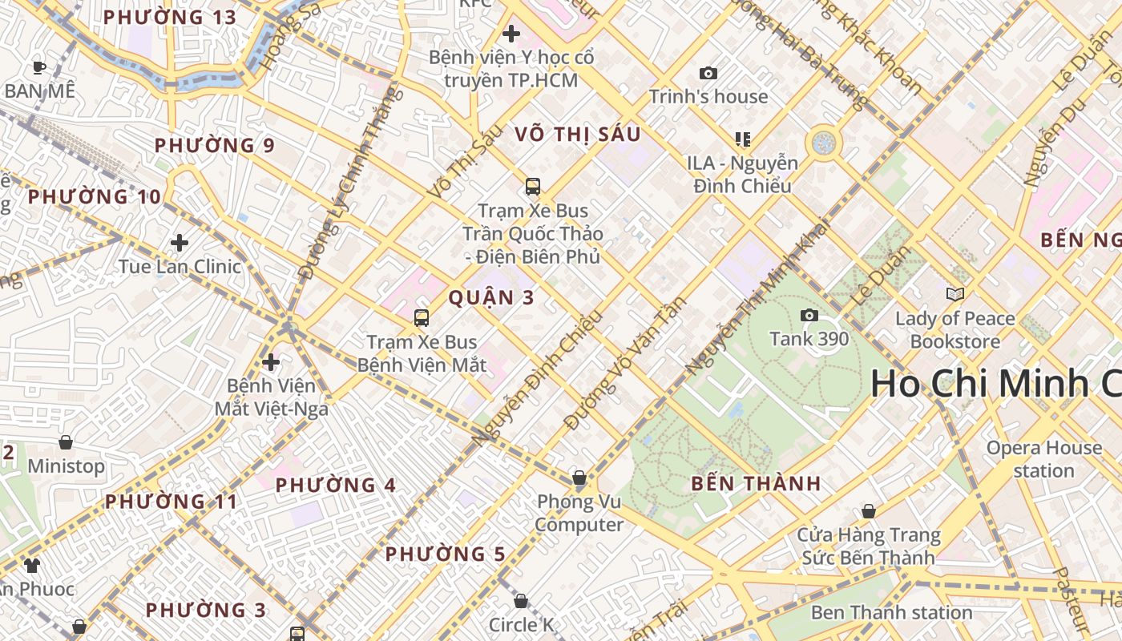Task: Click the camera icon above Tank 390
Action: tap(809, 315)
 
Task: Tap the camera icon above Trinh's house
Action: tap(708, 73)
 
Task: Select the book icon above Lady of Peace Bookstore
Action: tap(955, 294)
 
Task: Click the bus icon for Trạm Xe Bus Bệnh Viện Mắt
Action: tap(422, 318)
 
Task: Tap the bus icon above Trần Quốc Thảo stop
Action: tap(533, 187)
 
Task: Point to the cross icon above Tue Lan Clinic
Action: tap(180, 242)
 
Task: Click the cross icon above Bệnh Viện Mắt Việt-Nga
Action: tap(271, 362)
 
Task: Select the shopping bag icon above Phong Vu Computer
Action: tap(579, 478)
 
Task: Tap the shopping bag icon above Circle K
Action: tap(521, 601)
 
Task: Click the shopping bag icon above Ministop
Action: tap(66, 442)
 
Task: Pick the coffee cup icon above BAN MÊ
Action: tap(38, 67)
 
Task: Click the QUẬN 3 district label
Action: tap(491, 297)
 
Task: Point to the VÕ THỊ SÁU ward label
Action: tap(578, 134)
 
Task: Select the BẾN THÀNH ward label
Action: tap(756, 483)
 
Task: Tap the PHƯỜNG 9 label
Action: tap(215, 145)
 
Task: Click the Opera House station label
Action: tap(1043, 459)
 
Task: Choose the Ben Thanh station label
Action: tap(891, 613)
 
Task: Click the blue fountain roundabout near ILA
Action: tap(824, 143)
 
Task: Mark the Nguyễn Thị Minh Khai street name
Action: tap(758, 296)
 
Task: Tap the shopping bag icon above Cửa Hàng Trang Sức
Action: tap(868, 511)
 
